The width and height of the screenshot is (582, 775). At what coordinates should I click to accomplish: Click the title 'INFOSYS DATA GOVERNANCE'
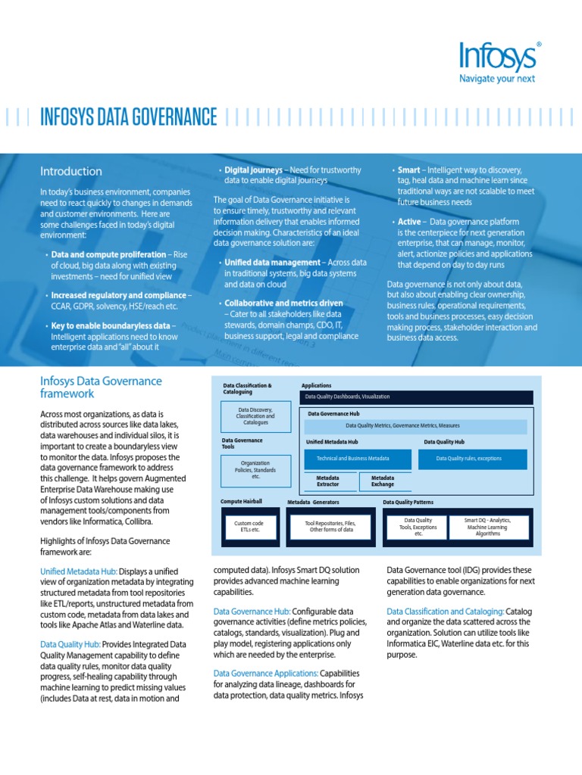coord(128,117)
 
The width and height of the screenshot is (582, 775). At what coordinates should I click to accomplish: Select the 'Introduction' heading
coord(71,171)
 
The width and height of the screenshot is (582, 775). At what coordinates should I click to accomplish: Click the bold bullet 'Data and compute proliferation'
coord(108,254)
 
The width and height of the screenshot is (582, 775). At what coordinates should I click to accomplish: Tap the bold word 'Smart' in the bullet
coord(409,170)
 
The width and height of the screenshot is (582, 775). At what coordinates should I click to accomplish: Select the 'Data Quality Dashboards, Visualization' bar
coord(418,397)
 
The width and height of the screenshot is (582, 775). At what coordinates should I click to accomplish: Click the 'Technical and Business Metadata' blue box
coord(358,459)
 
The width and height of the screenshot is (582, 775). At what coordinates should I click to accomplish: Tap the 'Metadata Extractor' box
coord(327,481)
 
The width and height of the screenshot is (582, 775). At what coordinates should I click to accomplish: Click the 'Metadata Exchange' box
coord(383,481)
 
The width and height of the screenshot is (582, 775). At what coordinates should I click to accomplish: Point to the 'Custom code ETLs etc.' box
coord(248,526)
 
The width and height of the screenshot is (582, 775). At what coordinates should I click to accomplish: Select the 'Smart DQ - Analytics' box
coord(487,526)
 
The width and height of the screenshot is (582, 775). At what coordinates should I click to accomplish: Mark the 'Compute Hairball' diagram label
coord(241,502)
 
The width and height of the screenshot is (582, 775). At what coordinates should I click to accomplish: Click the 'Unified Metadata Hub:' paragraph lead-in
coord(78,571)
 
